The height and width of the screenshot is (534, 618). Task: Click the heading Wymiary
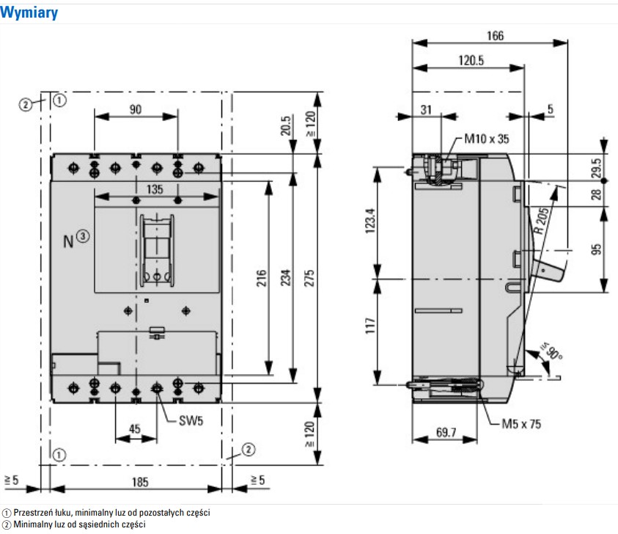(x=29, y=12)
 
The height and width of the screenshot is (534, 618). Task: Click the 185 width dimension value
(x=140, y=482)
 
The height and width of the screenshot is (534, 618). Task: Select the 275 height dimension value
(x=309, y=278)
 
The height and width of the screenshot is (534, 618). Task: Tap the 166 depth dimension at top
(x=495, y=36)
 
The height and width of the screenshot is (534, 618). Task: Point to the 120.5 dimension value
(x=471, y=60)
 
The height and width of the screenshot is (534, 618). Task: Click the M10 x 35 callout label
(x=486, y=139)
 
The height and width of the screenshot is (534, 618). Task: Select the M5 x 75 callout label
(x=521, y=424)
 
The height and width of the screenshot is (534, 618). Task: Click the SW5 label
(x=191, y=421)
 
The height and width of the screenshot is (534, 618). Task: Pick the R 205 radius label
(x=542, y=221)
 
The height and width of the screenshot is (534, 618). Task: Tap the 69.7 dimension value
(x=446, y=433)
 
